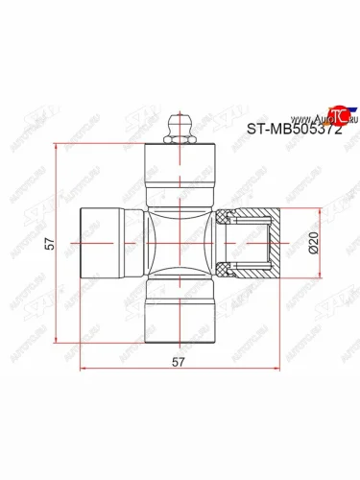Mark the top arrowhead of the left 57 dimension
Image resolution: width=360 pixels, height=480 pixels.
click(x=60, y=148)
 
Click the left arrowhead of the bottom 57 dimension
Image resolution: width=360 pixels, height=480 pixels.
click(x=83, y=367)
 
